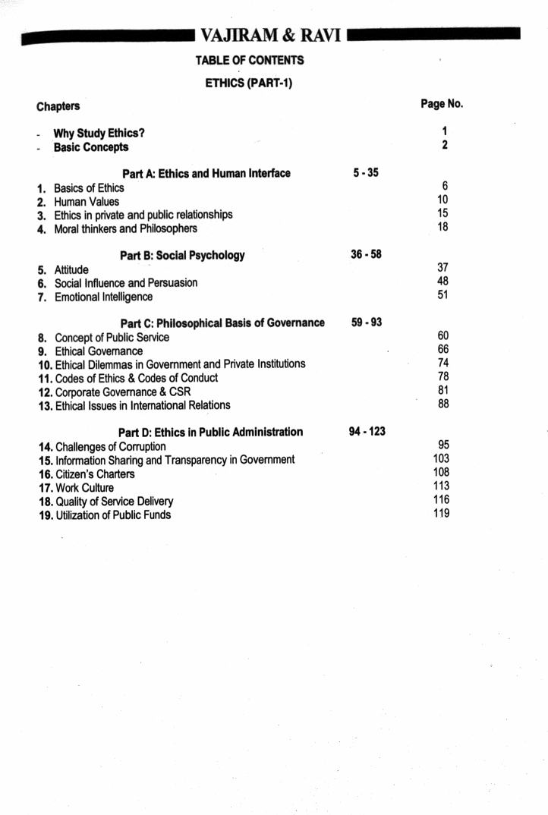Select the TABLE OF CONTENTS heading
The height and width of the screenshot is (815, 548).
point(249,60)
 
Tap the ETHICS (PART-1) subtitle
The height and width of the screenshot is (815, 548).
point(249,83)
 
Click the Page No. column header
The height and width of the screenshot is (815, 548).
point(442,104)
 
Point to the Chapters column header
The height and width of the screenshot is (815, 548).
point(58,106)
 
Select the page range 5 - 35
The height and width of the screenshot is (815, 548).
point(366,173)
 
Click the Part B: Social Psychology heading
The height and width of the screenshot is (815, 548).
point(182,256)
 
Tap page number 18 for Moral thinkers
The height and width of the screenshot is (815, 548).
point(443,227)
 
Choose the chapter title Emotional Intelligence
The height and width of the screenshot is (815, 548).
point(103,297)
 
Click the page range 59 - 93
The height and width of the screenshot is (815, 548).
point(367,323)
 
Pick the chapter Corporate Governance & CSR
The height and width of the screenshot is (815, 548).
point(123,392)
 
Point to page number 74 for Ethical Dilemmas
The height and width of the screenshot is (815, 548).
point(443,363)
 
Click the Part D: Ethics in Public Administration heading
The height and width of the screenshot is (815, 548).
point(210,433)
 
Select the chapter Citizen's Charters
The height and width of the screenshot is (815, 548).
point(95,474)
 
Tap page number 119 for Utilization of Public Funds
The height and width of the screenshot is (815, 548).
point(441,514)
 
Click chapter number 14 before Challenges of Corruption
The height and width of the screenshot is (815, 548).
point(45,447)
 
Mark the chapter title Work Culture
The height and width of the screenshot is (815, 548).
point(84,488)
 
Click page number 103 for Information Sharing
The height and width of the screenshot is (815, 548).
point(441,458)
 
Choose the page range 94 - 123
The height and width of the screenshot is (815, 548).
point(367,432)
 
